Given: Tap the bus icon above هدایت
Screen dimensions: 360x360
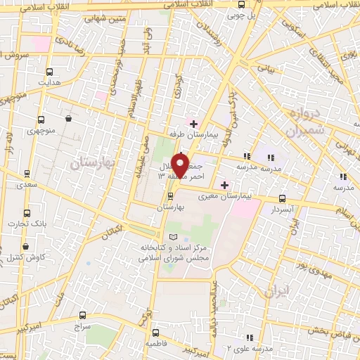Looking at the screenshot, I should click(x=50, y=71).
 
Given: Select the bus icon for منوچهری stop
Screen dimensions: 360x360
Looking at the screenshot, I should click(x=41, y=120).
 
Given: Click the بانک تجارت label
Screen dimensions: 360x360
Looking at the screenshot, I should click(x=27, y=224).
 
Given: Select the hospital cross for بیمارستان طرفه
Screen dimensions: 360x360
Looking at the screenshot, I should click(x=193, y=123).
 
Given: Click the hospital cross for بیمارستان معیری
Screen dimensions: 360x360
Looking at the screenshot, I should click(x=225, y=185).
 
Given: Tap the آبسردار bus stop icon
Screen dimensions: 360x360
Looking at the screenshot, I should click(x=283, y=199).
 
